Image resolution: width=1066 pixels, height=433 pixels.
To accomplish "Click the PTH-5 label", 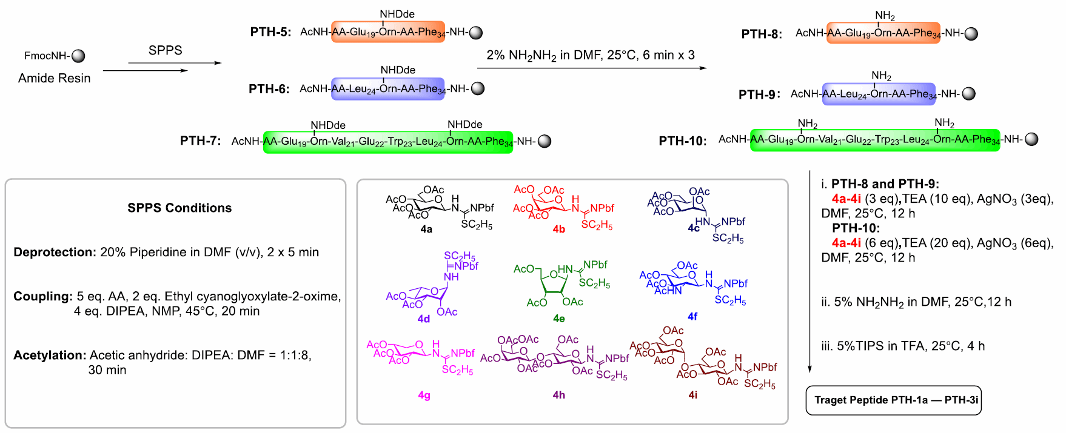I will point(270,32).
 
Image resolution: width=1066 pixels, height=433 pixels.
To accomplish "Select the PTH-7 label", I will point(200,141).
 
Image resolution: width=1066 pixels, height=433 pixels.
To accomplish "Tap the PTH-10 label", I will point(683,141).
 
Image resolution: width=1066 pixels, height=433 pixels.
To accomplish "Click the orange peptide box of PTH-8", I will point(883,33).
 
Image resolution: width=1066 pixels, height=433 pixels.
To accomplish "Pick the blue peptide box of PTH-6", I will point(387,89).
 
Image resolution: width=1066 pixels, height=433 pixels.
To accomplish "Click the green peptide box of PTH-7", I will point(387,142).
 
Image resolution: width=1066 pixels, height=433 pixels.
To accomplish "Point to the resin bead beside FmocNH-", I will point(78,56).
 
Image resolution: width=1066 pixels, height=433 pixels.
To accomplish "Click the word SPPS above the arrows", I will point(165,50).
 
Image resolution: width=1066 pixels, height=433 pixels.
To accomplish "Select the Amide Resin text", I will point(54,78).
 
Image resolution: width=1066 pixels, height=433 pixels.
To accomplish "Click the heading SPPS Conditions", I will point(179,208).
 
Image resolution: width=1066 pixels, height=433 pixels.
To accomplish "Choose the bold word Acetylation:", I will point(50,355).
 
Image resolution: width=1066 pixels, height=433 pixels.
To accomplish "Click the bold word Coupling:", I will point(43,296).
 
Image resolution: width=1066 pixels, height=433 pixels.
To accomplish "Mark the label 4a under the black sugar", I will point(426,230).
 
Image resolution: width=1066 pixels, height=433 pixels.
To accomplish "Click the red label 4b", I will point(558,230).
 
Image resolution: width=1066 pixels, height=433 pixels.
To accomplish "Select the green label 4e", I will point(558,318).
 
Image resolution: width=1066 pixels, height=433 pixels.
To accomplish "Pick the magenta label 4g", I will point(424,395).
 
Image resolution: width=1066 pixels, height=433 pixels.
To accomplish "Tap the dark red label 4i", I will point(692,395).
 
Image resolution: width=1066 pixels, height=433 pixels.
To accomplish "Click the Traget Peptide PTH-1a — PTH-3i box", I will point(893,400).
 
